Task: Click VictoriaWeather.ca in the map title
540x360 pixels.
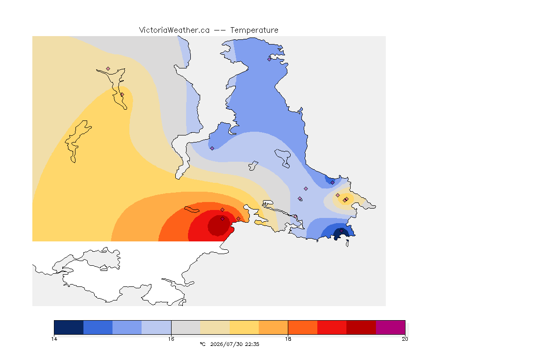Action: click(x=174, y=30)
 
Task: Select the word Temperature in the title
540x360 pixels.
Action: click(x=254, y=30)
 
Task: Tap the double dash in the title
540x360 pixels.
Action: click(x=220, y=30)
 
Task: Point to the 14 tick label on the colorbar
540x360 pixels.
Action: click(x=54, y=339)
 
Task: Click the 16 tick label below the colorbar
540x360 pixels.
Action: click(x=171, y=339)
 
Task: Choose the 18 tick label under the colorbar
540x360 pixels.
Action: click(x=288, y=339)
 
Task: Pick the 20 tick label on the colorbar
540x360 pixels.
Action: click(x=405, y=339)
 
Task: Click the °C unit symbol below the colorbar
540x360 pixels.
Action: click(x=202, y=344)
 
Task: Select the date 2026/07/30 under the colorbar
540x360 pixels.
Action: click(x=226, y=344)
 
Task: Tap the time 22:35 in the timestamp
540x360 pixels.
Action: click(x=252, y=344)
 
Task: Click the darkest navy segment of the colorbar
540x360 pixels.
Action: click(x=69, y=327)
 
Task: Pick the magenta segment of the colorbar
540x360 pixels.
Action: click(x=390, y=327)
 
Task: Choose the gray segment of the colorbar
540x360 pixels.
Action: click(x=186, y=327)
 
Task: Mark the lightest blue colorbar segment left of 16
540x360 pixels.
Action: click(x=157, y=327)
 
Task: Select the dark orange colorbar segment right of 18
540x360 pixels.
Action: click(x=302, y=327)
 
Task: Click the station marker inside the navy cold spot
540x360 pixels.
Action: click(x=341, y=231)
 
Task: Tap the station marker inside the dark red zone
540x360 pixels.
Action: click(x=222, y=219)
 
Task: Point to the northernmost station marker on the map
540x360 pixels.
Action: click(x=270, y=59)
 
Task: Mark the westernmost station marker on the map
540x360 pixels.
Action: click(x=108, y=69)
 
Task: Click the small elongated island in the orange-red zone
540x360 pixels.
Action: click(x=192, y=210)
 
